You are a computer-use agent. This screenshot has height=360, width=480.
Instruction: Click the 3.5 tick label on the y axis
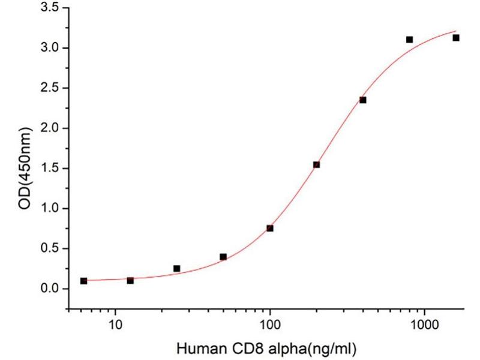pos(50,8)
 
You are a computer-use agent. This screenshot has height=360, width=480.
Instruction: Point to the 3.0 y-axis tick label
pos(50,48)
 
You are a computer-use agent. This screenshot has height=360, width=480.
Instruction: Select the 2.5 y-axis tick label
pos(50,88)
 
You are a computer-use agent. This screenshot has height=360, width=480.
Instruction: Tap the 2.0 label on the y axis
pos(50,128)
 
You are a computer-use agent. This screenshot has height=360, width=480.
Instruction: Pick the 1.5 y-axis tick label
pos(50,169)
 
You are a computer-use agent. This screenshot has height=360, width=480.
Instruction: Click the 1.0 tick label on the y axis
pos(50,209)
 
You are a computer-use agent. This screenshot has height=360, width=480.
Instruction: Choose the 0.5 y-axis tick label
pos(50,249)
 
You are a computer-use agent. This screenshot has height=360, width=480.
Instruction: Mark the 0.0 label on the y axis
pos(50,289)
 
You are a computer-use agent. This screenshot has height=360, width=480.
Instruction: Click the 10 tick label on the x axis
pos(116,328)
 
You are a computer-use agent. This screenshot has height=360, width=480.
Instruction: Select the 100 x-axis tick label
pos(270,328)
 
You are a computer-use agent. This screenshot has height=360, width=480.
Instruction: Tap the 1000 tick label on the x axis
pos(425,328)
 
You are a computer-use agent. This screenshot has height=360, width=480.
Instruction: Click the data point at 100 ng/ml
pos(270,228)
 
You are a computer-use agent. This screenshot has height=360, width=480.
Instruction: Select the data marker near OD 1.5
pos(317,164)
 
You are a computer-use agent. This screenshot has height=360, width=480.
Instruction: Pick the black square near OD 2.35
pos(363,100)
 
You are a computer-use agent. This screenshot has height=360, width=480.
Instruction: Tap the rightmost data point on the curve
pos(456,38)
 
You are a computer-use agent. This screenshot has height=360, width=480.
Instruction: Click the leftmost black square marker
pos(83,281)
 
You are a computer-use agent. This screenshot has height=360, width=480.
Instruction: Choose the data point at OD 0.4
pos(223,257)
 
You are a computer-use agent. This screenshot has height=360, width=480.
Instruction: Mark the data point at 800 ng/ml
pos(409,40)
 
